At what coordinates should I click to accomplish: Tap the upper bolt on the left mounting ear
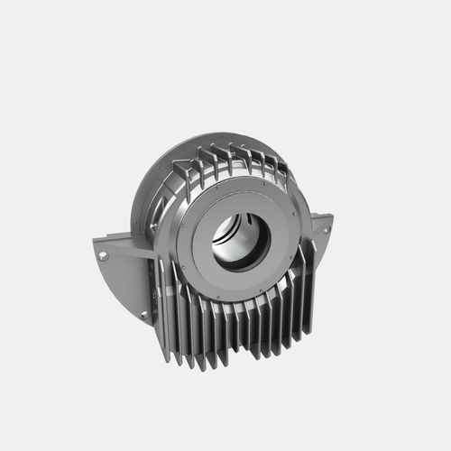pos(104,256)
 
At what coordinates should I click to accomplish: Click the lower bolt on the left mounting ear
pos(143,314)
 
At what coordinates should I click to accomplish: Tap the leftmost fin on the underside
pos(166,307)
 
